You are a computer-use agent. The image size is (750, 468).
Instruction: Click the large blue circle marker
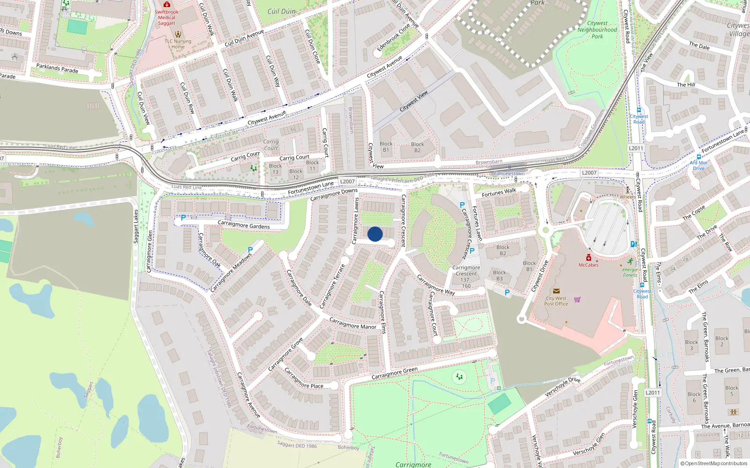point(375,234)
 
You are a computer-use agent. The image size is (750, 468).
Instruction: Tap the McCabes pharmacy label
point(588,265)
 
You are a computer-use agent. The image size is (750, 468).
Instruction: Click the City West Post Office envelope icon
point(556,291)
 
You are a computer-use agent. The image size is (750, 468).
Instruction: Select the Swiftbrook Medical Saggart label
point(166,17)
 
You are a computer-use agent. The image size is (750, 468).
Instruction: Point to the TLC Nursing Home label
point(178,44)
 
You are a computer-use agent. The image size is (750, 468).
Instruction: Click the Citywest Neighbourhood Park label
point(597,29)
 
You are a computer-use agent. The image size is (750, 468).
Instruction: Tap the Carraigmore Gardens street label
point(244,225)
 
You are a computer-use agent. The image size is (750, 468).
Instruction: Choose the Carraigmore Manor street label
point(352,323)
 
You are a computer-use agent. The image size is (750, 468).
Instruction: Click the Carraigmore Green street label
point(394,373)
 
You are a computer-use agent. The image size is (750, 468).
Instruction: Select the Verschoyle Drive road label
point(562,387)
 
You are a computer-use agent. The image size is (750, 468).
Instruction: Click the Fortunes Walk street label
point(499,192)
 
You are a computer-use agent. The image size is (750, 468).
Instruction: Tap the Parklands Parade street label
point(57,68)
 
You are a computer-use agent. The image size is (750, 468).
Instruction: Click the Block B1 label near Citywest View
point(386,147)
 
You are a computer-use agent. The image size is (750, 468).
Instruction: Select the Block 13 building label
point(275,169)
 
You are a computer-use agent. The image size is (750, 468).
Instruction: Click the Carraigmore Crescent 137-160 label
point(466,277)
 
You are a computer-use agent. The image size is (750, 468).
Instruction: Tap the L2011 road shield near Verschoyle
point(652,393)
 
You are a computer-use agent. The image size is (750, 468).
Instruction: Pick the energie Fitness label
point(630,272)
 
